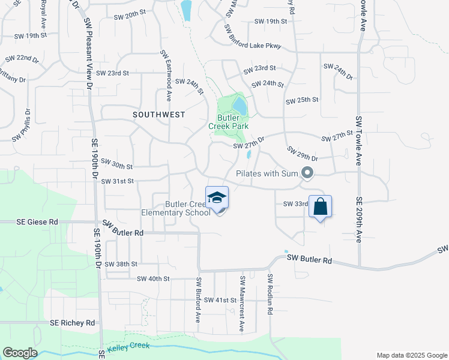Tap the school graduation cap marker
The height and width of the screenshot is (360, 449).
pyautogui.click(x=217, y=198)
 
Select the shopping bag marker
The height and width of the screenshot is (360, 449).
pyautogui.click(x=320, y=207)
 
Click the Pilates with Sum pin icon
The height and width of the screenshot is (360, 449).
pyautogui.click(x=308, y=173)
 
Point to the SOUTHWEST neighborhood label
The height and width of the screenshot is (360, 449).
pyautogui.click(x=158, y=114)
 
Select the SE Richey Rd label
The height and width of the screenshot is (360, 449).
pyautogui.click(x=73, y=323)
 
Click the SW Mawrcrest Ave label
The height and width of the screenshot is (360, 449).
pyautogui.click(x=242, y=304)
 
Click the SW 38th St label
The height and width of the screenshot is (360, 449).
pyautogui.click(x=121, y=264)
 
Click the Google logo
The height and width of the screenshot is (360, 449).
pyautogui.click(x=20, y=353)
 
